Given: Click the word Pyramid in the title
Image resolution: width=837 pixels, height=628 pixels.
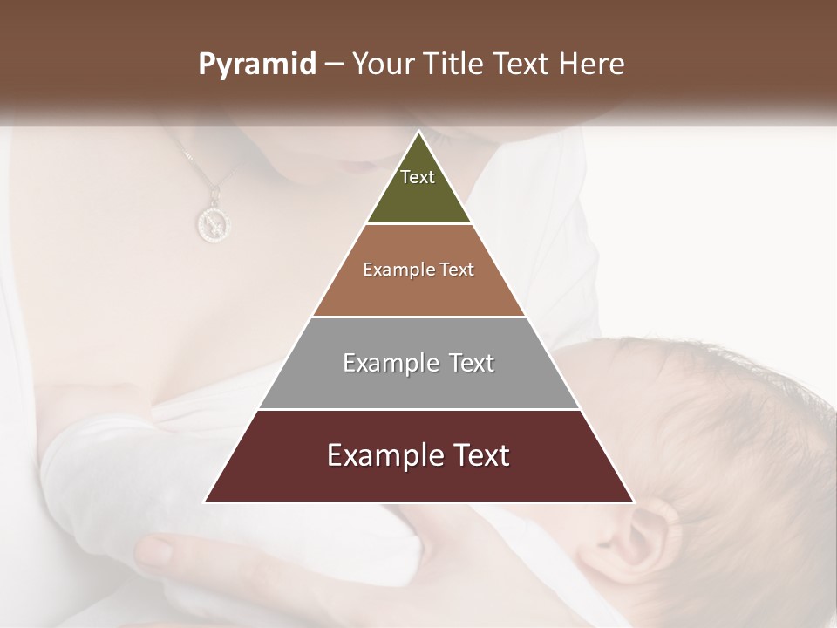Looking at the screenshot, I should click(x=257, y=64).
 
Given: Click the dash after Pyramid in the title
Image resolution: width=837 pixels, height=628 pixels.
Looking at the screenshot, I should click(x=333, y=64).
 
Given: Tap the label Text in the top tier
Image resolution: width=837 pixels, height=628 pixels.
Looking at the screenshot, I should click(x=418, y=177).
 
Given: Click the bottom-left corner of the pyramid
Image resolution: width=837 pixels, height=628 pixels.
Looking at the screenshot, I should click(x=204, y=502).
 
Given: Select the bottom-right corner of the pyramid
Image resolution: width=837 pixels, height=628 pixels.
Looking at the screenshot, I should click(x=634, y=502).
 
